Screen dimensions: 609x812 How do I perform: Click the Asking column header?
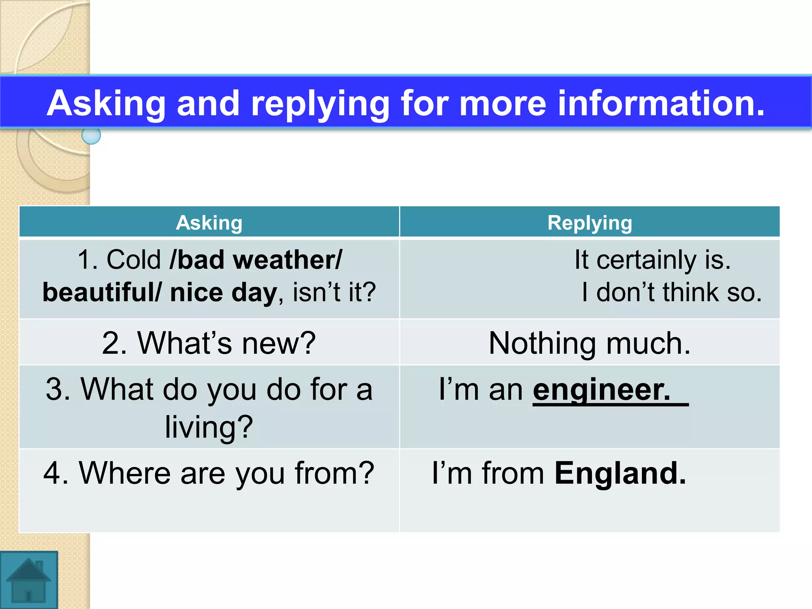(x=209, y=222)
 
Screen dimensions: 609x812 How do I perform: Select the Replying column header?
(x=590, y=222)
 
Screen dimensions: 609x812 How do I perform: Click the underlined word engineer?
(x=601, y=390)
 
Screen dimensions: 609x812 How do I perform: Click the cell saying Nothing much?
(x=590, y=343)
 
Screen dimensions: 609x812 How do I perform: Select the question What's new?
(x=209, y=343)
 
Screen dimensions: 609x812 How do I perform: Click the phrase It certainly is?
(x=652, y=260)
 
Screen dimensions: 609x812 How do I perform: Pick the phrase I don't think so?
(x=672, y=293)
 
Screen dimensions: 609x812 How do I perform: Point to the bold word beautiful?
(x=99, y=293)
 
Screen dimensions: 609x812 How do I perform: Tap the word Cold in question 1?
(x=134, y=260)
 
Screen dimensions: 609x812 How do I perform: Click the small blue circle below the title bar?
(x=91, y=136)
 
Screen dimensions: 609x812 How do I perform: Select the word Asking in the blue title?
(x=106, y=103)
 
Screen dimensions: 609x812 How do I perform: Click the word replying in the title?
(x=320, y=103)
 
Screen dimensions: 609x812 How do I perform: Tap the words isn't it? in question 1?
(x=334, y=293)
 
